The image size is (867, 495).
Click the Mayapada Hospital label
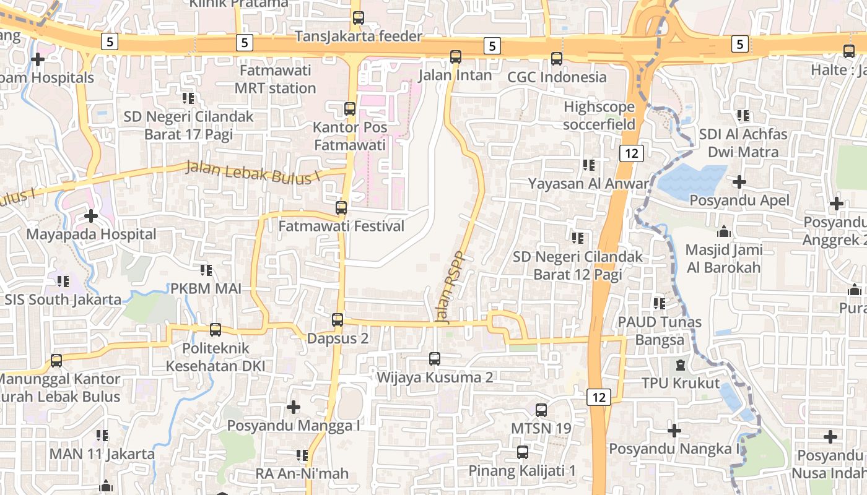coord(91,235)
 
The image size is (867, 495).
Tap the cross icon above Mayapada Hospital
coord(91,216)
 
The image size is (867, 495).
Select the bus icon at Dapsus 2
coord(338,320)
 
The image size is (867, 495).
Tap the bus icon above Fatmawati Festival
coord(341,208)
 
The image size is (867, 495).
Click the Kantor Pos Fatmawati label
coord(350,136)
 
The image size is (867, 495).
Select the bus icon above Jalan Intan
coord(456,57)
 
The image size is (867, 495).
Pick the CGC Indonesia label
coord(557,77)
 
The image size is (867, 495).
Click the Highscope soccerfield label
coord(599,116)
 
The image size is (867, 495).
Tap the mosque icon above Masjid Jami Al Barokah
coord(723,233)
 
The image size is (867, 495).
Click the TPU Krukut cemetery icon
coord(681,365)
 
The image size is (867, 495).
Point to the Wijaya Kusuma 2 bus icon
coord(435,358)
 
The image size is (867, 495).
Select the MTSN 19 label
coord(541,428)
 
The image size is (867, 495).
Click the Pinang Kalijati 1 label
coord(522,470)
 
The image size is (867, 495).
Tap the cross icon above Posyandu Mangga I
coord(294,407)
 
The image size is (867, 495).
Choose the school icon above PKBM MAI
coord(206,270)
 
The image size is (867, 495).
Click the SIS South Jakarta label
coord(63,300)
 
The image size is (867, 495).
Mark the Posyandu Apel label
coord(739,200)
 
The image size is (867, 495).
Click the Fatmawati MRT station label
coord(275,79)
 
